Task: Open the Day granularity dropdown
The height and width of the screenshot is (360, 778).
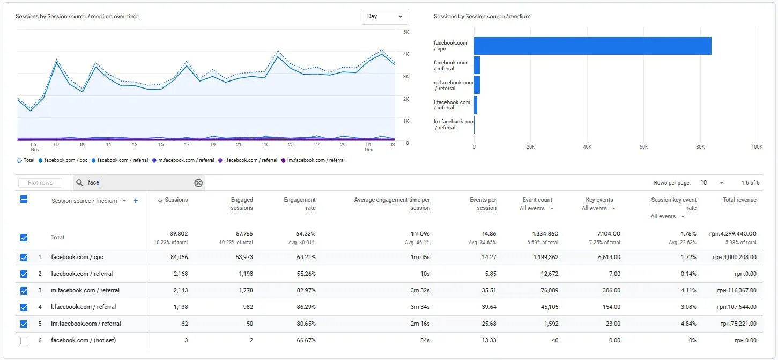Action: (x=384, y=16)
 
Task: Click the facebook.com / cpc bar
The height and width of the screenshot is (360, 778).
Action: (x=592, y=46)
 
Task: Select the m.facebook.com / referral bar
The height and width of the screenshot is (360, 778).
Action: (x=477, y=85)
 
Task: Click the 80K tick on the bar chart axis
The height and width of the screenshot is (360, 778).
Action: (x=700, y=147)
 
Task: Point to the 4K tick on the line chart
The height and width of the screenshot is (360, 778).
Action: (x=406, y=54)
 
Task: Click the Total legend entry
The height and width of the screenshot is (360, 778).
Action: (x=26, y=160)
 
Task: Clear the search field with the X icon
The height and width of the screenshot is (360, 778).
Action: (x=198, y=183)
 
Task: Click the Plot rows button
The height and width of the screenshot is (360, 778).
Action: (x=40, y=183)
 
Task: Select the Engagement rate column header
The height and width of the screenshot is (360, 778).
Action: (x=300, y=204)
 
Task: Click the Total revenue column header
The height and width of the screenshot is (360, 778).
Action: (x=739, y=200)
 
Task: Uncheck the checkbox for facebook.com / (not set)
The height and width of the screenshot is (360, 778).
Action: (x=24, y=341)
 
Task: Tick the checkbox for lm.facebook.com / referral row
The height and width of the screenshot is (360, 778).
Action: (x=24, y=324)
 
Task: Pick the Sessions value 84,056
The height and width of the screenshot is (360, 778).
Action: (x=179, y=257)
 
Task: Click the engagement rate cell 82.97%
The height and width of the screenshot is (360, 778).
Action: (x=306, y=290)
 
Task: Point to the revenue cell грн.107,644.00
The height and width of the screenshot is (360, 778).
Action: (x=737, y=307)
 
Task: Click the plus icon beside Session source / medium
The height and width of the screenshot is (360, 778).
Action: (x=136, y=201)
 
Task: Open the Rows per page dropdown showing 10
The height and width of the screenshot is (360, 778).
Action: (x=712, y=183)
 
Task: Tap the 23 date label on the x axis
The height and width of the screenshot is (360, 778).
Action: (x=265, y=145)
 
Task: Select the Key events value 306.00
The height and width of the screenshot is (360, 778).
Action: (x=611, y=290)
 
